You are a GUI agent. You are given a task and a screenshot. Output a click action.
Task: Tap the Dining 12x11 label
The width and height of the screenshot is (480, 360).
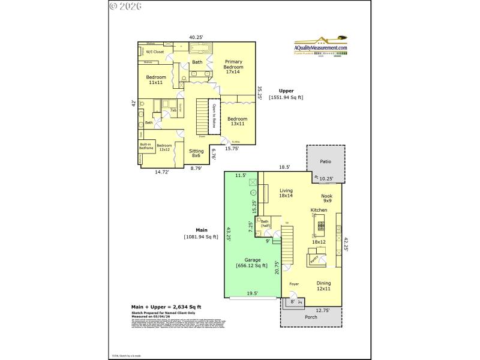(323, 286)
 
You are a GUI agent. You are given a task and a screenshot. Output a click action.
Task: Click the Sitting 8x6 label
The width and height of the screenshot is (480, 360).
(196, 154)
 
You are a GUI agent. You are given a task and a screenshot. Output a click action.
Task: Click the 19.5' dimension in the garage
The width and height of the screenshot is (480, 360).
(253, 293)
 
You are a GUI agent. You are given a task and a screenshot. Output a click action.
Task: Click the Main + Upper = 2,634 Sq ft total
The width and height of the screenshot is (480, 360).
(167, 305)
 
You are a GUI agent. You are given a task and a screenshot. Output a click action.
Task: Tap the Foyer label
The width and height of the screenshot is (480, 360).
(294, 283)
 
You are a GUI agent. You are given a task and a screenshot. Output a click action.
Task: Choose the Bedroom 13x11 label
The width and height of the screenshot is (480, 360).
(236, 122)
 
